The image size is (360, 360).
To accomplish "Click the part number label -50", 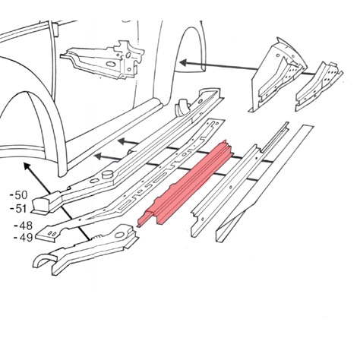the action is (x=18, y=195).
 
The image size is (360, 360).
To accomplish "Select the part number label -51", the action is (x=18, y=209).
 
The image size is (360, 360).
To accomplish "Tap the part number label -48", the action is (x=24, y=226).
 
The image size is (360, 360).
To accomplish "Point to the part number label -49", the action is (x=23, y=238).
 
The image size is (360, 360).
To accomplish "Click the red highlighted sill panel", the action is (x=186, y=183).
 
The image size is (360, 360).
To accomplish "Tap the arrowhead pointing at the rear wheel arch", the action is (x=184, y=62).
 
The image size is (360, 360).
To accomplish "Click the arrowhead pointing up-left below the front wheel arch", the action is (x=27, y=166).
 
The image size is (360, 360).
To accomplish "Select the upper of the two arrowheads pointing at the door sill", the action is (x=123, y=141).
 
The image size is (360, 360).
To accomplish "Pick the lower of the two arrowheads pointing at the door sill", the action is (x=99, y=156).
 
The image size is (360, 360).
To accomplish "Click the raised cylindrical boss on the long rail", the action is (x=108, y=175).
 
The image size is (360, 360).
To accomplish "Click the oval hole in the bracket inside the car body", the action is (x=110, y=64).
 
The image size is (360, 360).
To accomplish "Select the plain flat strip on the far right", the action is (x=264, y=183).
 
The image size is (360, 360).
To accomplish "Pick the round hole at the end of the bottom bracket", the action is (x=119, y=235).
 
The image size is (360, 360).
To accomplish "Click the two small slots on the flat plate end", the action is (x=52, y=233).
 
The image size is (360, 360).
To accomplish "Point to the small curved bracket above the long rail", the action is (x=183, y=108).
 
